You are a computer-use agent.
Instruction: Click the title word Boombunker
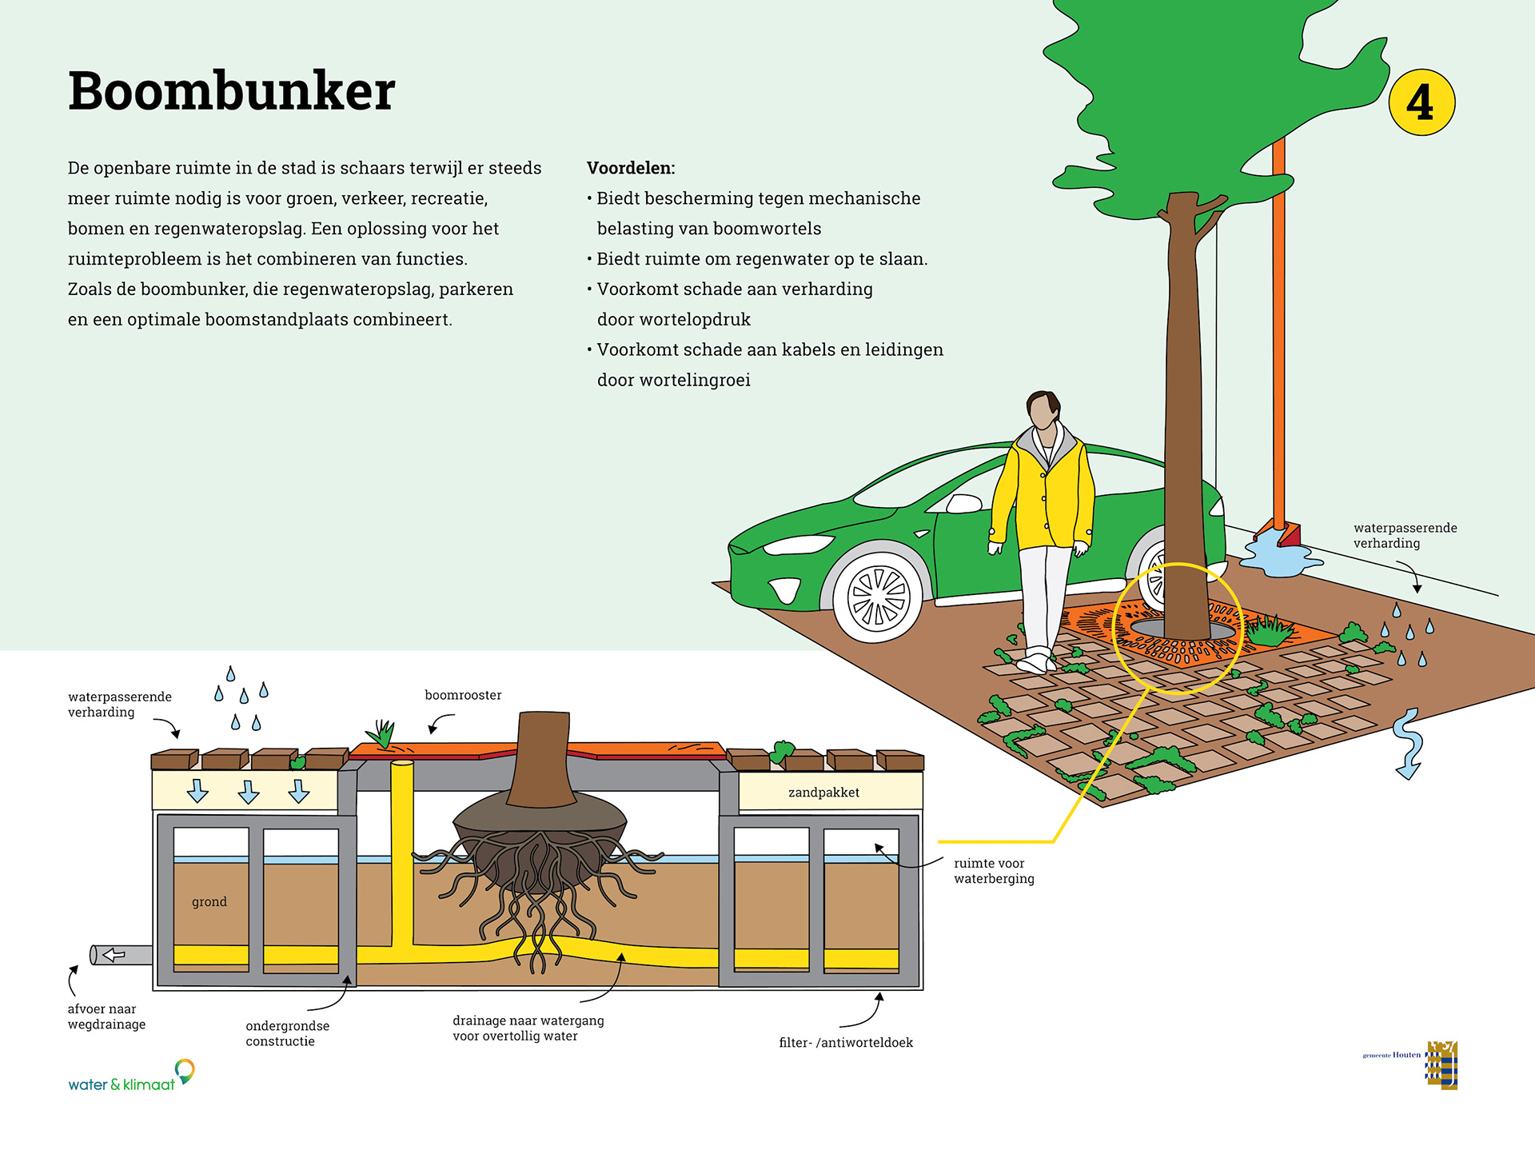click(232, 91)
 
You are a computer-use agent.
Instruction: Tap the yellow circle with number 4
click(1421, 102)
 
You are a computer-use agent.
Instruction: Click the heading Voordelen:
click(631, 168)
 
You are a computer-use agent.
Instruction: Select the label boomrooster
click(463, 695)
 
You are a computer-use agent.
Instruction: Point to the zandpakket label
click(823, 793)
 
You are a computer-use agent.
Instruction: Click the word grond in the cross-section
click(209, 902)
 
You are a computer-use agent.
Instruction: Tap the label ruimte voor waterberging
click(994, 871)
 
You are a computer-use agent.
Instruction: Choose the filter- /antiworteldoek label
click(846, 1043)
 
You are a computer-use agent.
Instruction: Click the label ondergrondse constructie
click(287, 1033)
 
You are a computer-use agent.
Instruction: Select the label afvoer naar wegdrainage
click(106, 1016)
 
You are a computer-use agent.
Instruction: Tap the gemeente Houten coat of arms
click(1442, 1065)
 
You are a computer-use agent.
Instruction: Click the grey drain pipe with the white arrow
click(121, 955)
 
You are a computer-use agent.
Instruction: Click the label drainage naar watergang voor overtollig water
click(528, 1028)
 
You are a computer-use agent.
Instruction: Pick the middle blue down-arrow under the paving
click(249, 792)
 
